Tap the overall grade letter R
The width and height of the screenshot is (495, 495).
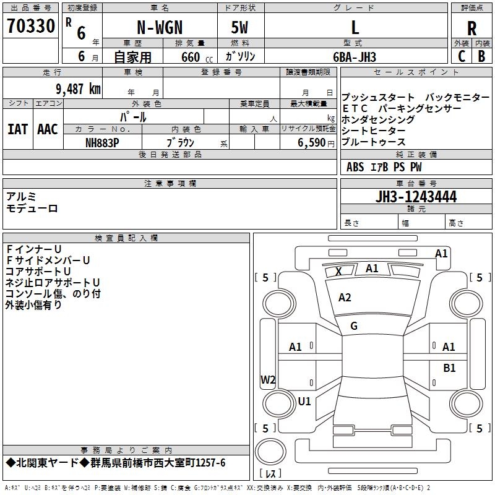471,28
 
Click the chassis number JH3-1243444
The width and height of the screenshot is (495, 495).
416,197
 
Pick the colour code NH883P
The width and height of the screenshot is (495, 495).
102,142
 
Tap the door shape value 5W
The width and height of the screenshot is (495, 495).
240,28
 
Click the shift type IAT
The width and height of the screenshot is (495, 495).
18,129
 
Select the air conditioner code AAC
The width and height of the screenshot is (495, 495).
48,129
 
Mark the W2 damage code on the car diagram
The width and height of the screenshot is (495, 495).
268,379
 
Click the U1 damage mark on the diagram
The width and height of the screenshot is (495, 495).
304,401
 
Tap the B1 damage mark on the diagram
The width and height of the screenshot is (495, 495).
449,368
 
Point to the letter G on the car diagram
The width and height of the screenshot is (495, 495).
354,325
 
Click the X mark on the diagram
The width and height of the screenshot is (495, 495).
338,271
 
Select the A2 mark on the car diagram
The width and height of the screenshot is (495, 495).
345,298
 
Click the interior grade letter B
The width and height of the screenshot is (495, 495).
481,56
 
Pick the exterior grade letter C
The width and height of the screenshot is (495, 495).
462,56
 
